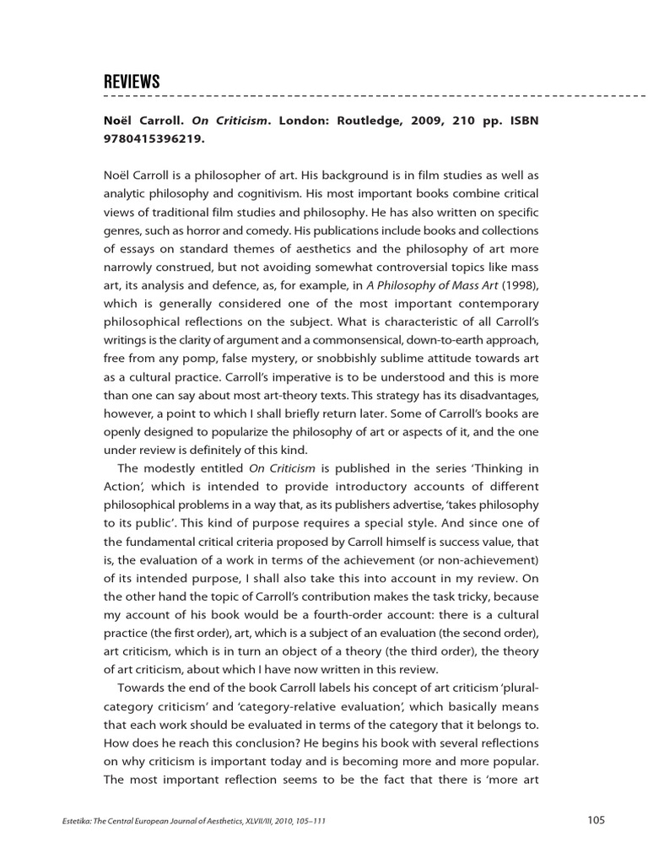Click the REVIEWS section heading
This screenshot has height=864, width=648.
click(132, 82)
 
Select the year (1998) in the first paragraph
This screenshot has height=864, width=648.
click(518, 284)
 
